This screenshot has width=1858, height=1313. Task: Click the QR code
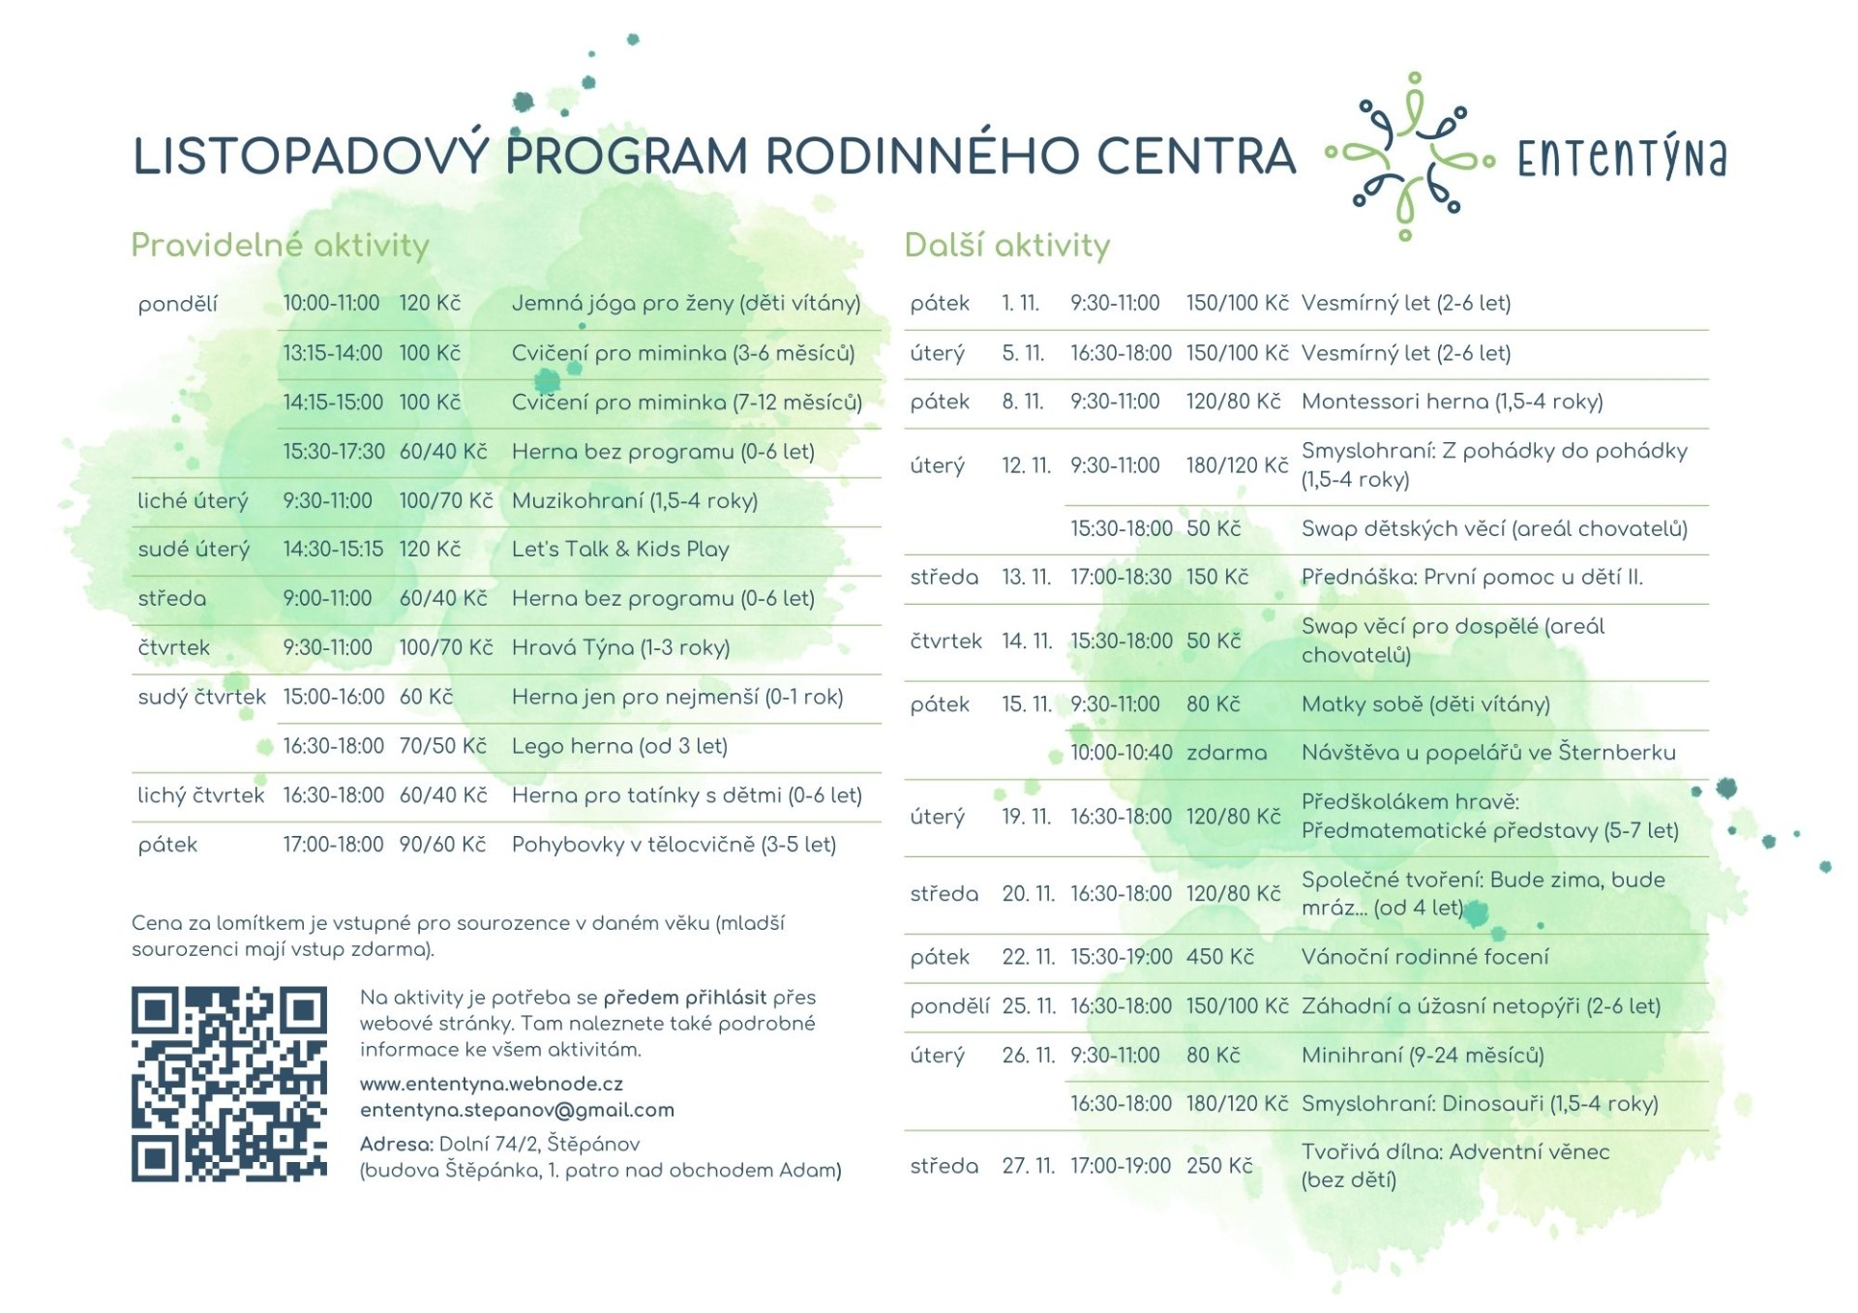click(228, 1084)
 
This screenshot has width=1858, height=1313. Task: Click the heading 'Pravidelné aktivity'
click(280, 246)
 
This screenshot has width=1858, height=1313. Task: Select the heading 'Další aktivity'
click(1006, 246)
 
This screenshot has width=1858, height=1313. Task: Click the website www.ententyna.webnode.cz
click(491, 1085)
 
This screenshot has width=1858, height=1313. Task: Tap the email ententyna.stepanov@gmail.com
click(517, 1111)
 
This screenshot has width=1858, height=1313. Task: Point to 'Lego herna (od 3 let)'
click(619, 746)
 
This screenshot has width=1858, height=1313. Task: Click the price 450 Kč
click(1219, 957)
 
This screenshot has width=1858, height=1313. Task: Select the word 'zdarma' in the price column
click(1226, 753)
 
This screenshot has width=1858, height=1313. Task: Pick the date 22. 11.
click(1028, 957)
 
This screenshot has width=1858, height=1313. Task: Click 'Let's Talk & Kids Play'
click(620, 550)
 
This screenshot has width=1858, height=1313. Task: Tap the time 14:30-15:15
click(333, 550)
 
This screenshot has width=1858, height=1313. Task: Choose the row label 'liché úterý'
click(193, 501)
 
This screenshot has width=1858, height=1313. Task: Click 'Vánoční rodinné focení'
click(1424, 957)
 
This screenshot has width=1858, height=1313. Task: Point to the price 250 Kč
click(1219, 1166)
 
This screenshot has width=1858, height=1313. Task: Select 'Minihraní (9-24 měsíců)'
click(1422, 1056)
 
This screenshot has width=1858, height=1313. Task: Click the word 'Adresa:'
click(396, 1145)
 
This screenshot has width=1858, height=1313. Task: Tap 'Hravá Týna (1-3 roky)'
click(620, 647)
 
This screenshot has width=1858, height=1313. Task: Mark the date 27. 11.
click(1028, 1166)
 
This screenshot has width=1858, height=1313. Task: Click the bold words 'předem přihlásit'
click(684, 998)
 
